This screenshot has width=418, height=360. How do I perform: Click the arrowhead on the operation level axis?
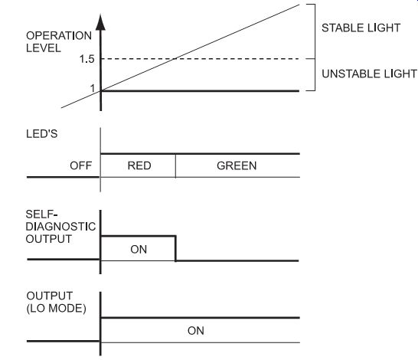click(100, 22)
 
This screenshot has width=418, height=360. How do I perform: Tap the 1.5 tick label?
click(87, 59)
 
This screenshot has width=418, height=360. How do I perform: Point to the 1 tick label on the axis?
click(93, 88)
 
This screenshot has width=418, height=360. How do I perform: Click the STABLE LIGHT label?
click(361, 28)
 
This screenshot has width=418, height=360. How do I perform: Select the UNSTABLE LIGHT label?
click(369, 74)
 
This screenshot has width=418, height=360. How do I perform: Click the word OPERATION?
click(59, 36)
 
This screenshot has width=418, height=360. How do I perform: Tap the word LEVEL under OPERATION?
click(44, 48)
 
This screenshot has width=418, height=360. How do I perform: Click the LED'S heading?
click(42, 133)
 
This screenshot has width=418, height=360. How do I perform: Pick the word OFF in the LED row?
click(81, 165)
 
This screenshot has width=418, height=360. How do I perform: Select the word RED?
click(139, 165)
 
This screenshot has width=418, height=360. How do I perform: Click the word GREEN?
click(237, 165)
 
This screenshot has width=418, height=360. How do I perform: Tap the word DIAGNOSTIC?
click(60, 227)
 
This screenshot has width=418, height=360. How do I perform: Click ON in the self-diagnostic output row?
click(139, 250)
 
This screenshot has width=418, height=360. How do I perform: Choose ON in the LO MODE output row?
click(196, 331)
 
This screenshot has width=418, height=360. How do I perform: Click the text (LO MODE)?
click(56, 308)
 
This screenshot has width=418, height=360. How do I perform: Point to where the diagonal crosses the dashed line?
click(175, 59)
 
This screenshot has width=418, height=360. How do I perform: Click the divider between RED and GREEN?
click(175, 165)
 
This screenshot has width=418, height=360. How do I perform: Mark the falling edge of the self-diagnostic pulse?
click(175, 248)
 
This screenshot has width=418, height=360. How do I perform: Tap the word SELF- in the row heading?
click(42, 214)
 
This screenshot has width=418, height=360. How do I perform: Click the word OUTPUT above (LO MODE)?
click(49, 296)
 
